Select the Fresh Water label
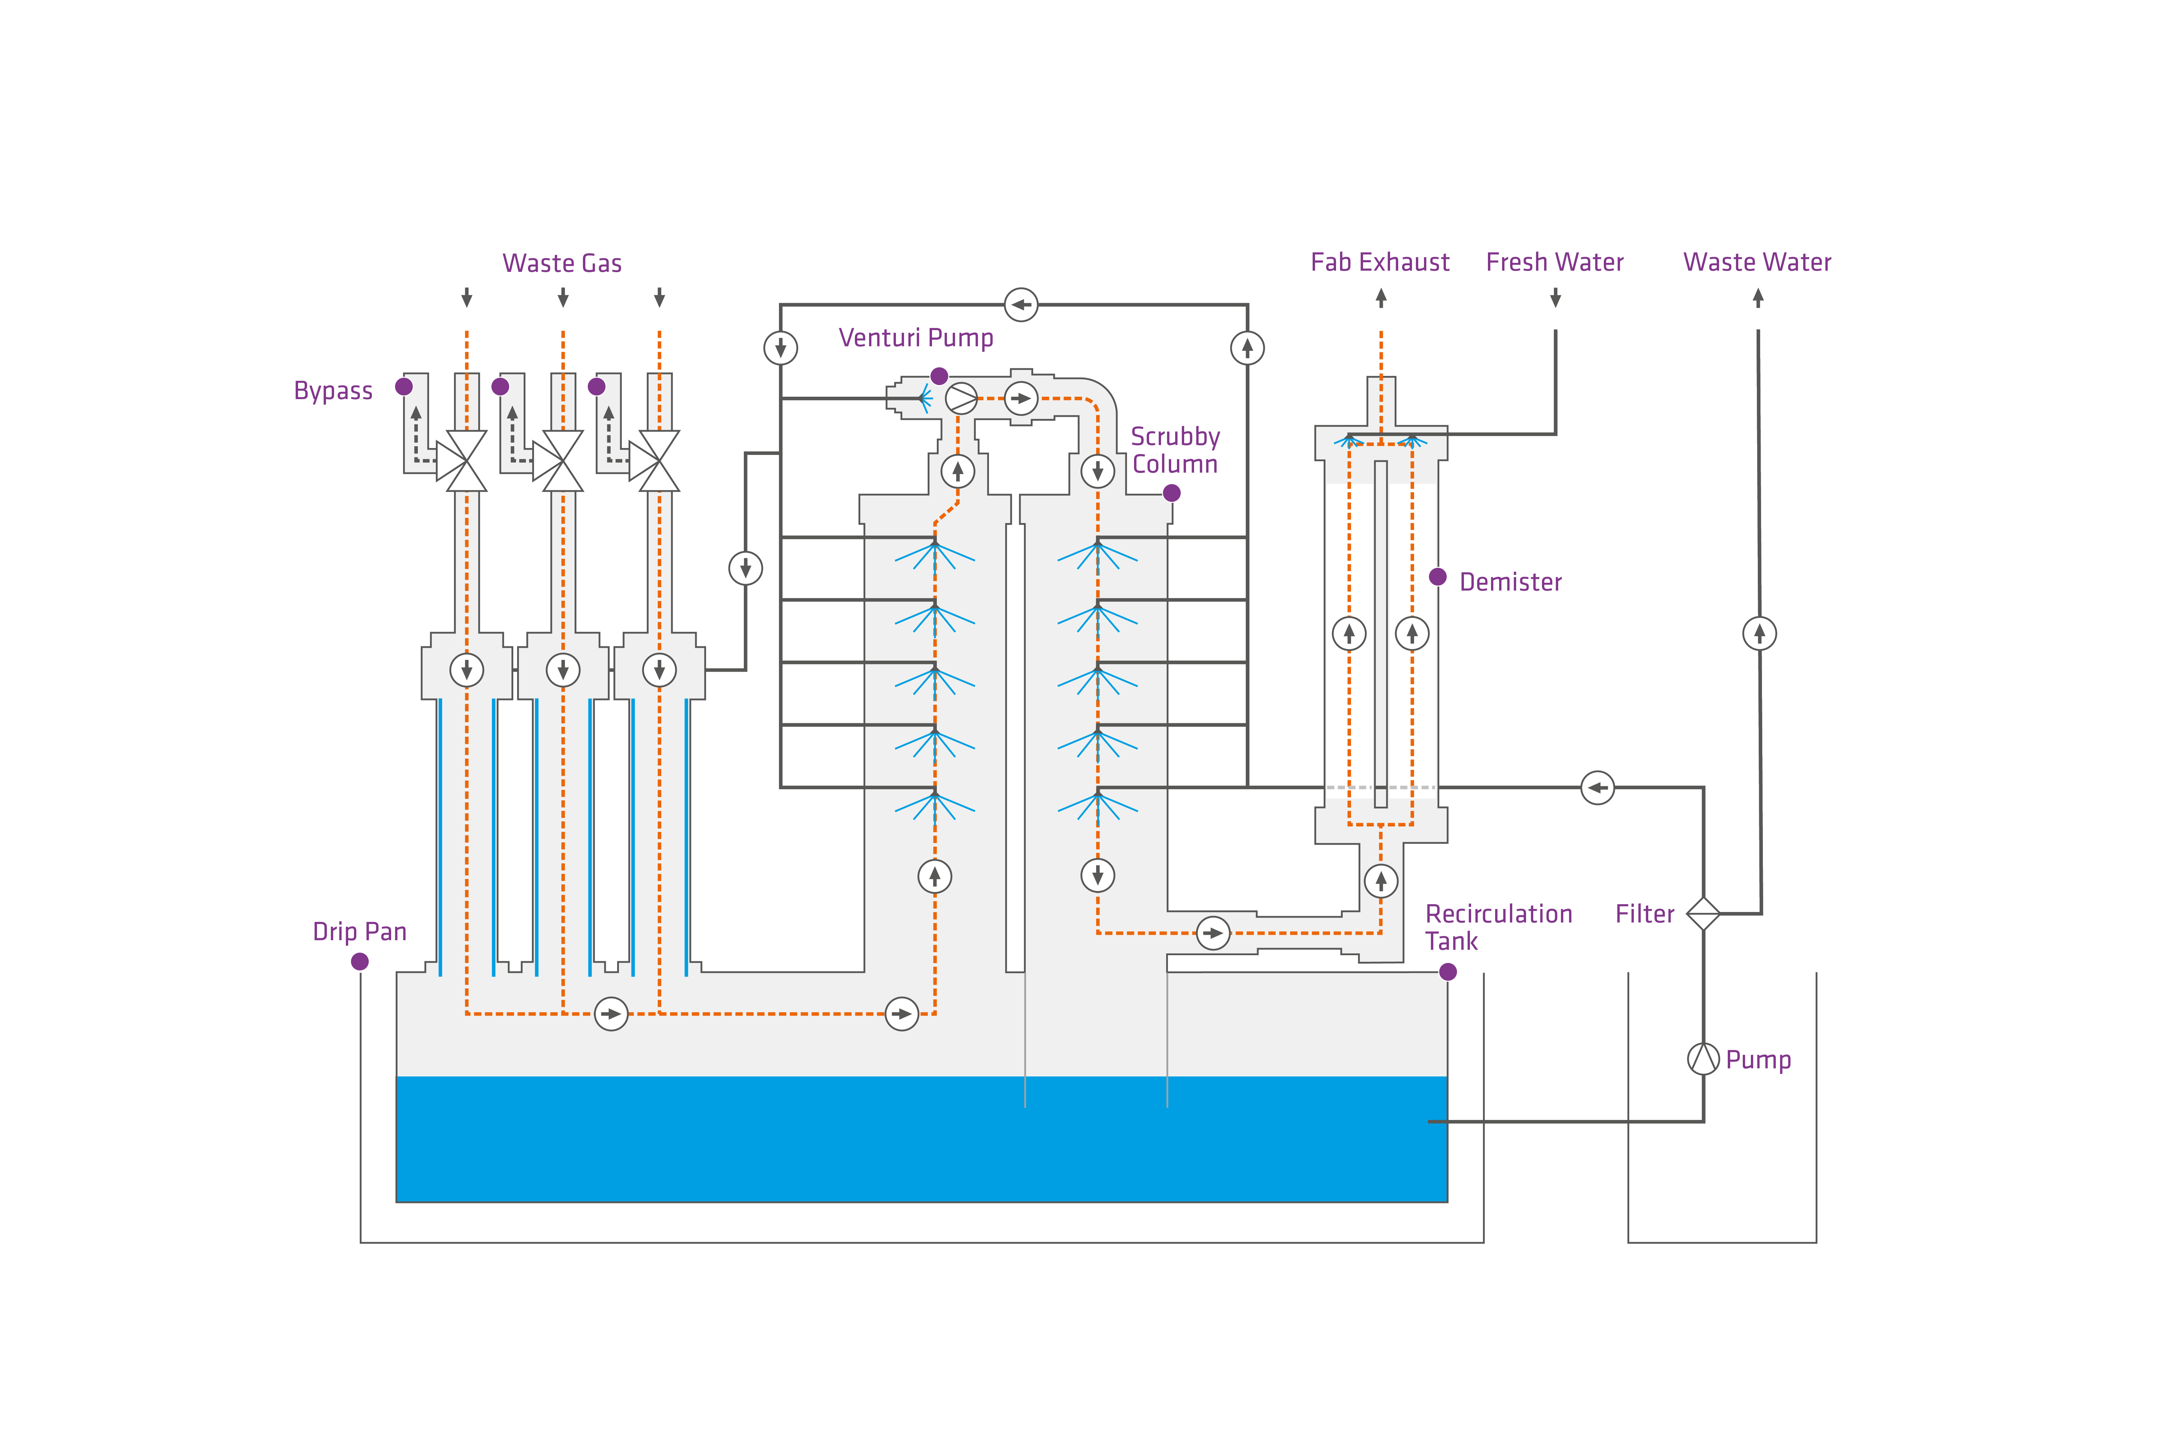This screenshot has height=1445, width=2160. click(1555, 263)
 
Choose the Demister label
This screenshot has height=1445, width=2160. click(1510, 583)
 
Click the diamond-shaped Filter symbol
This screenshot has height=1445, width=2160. click(1703, 913)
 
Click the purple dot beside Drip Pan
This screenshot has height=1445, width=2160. click(360, 961)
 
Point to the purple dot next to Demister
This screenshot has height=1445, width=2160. click(1437, 577)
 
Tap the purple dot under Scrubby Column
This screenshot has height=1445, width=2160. click(1171, 493)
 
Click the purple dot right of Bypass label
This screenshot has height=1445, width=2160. click(404, 386)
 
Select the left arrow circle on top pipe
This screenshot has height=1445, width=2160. click(1020, 304)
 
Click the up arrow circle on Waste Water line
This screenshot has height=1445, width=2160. click(1759, 633)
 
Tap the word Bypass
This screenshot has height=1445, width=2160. click(333, 391)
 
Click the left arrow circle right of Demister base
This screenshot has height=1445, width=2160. click(1597, 787)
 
